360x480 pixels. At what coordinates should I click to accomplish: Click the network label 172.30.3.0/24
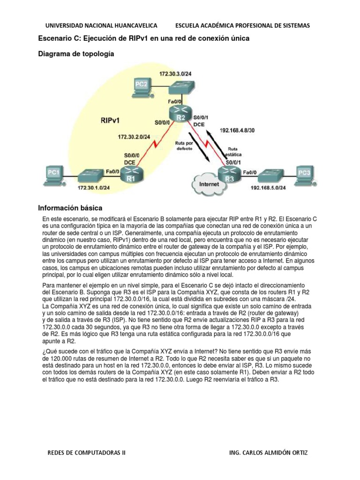point(174,74)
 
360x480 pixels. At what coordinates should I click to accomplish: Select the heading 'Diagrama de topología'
point(76,54)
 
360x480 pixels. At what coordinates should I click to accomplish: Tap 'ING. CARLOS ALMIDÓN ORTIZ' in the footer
point(269,453)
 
